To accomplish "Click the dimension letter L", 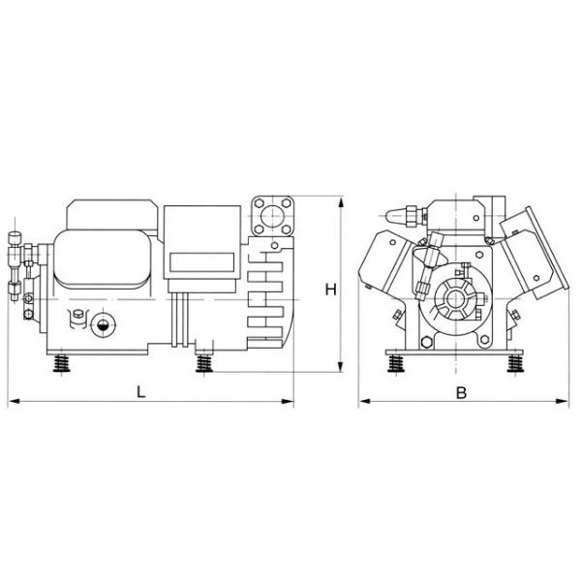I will pos(141,391).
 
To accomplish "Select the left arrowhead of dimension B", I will pos(363,400).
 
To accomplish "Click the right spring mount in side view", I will pos(204,365).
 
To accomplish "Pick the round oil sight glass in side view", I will pos(102,324).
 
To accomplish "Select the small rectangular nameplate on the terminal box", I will pos(200,261).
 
